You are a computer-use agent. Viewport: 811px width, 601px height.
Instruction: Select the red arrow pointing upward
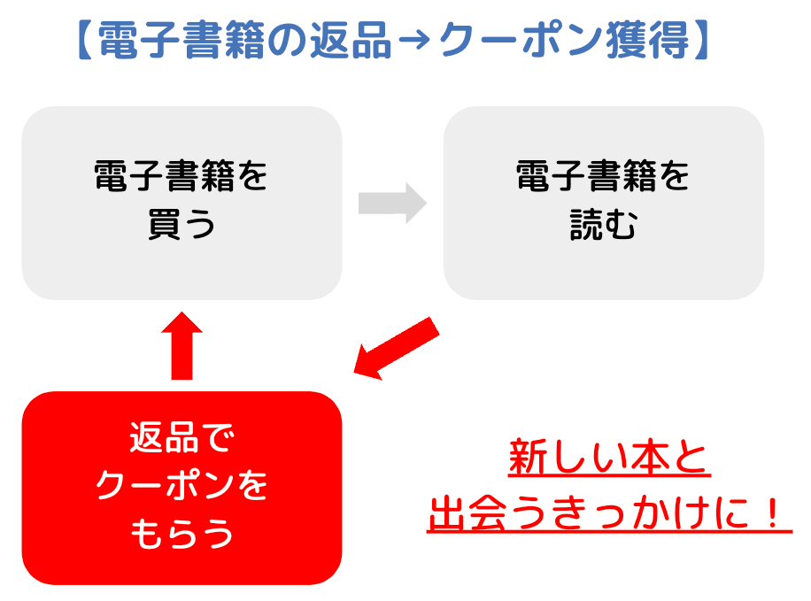(x=182, y=346)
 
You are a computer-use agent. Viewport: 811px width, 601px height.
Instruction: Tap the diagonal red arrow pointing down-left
(x=396, y=349)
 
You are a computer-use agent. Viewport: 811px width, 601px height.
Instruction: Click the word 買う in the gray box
(x=182, y=227)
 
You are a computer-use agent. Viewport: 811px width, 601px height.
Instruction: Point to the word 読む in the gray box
(x=603, y=227)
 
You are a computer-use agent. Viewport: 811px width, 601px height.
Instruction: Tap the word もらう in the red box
(x=182, y=534)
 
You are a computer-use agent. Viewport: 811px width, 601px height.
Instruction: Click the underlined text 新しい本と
(x=609, y=459)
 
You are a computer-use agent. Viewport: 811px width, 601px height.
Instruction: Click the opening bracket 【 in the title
(x=81, y=40)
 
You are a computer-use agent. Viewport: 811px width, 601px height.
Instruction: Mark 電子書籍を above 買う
(x=182, y=179)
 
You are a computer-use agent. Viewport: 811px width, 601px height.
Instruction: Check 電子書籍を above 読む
(x=603, y=179)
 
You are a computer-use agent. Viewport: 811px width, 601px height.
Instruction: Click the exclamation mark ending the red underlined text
(x=776, y=513)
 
